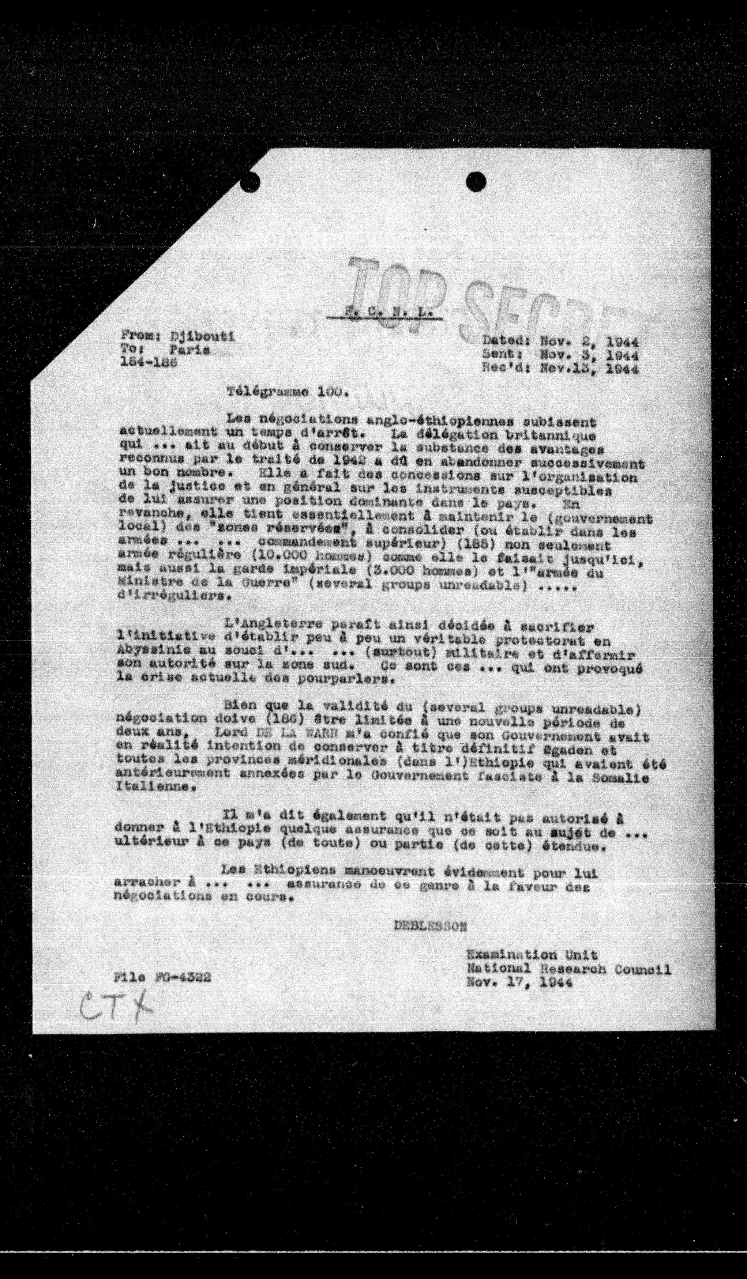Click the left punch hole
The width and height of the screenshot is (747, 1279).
pyautogui.click(x=250, y=181)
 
